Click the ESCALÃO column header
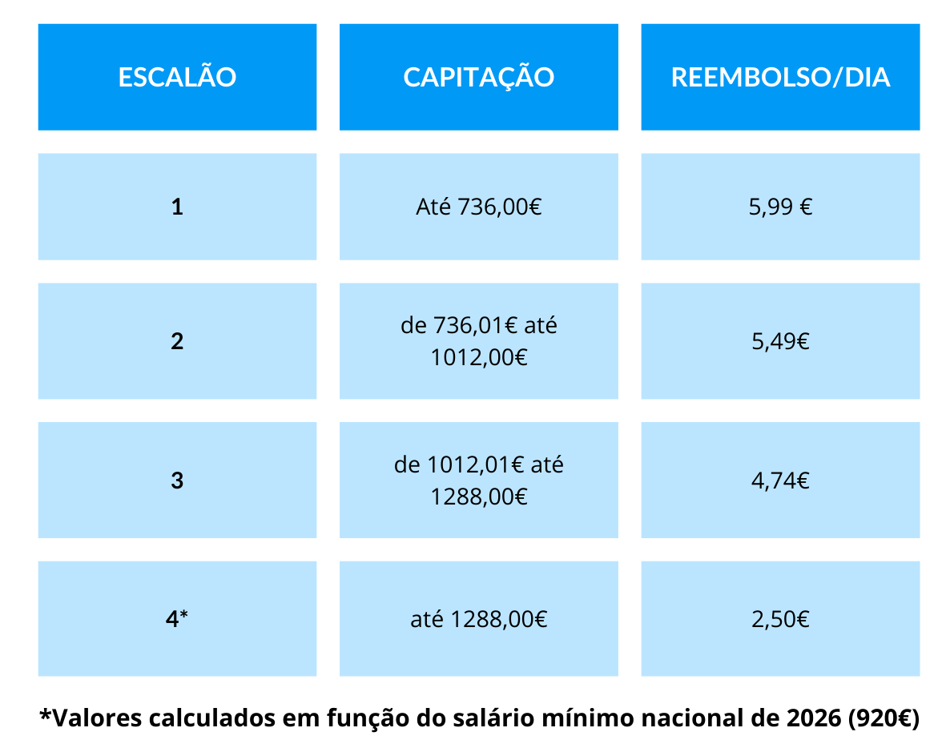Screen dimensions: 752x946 click(x=177, y=77)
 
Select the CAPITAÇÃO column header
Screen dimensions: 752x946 click(x=478, y=77)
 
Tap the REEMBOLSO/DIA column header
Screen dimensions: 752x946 click(x=780, y=77)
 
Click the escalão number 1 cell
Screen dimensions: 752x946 click(x=177, y=207)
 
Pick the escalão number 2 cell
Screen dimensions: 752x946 click(x=177, y=341)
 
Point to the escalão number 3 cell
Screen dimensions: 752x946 click(x=177, y=481)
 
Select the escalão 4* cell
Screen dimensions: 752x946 click(x=177, y=618)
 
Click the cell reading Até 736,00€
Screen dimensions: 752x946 click(x=478, y=207)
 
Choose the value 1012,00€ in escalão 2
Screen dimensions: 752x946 click(x=478, y=357)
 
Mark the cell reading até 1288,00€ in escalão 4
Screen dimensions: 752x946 click(x=478, y=618)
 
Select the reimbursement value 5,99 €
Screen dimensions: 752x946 click(x=780, y=207)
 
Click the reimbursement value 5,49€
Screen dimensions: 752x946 click(x=780, y=341)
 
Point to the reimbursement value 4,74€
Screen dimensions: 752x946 click(x=780, y=481)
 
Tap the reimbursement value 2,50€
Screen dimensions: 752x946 click(x=780, y=618)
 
